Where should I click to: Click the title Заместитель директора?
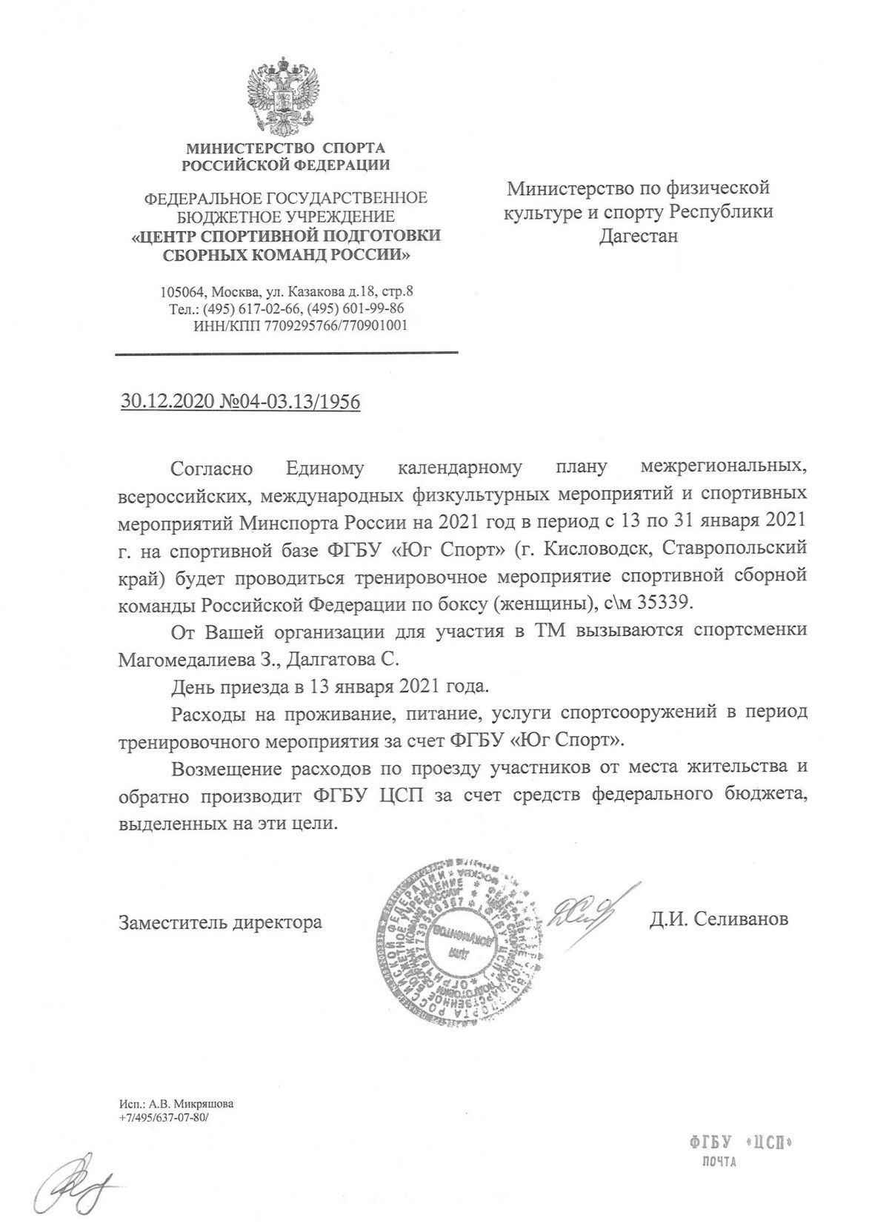point(220,922)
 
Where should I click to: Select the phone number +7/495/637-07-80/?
point(164,1117)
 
